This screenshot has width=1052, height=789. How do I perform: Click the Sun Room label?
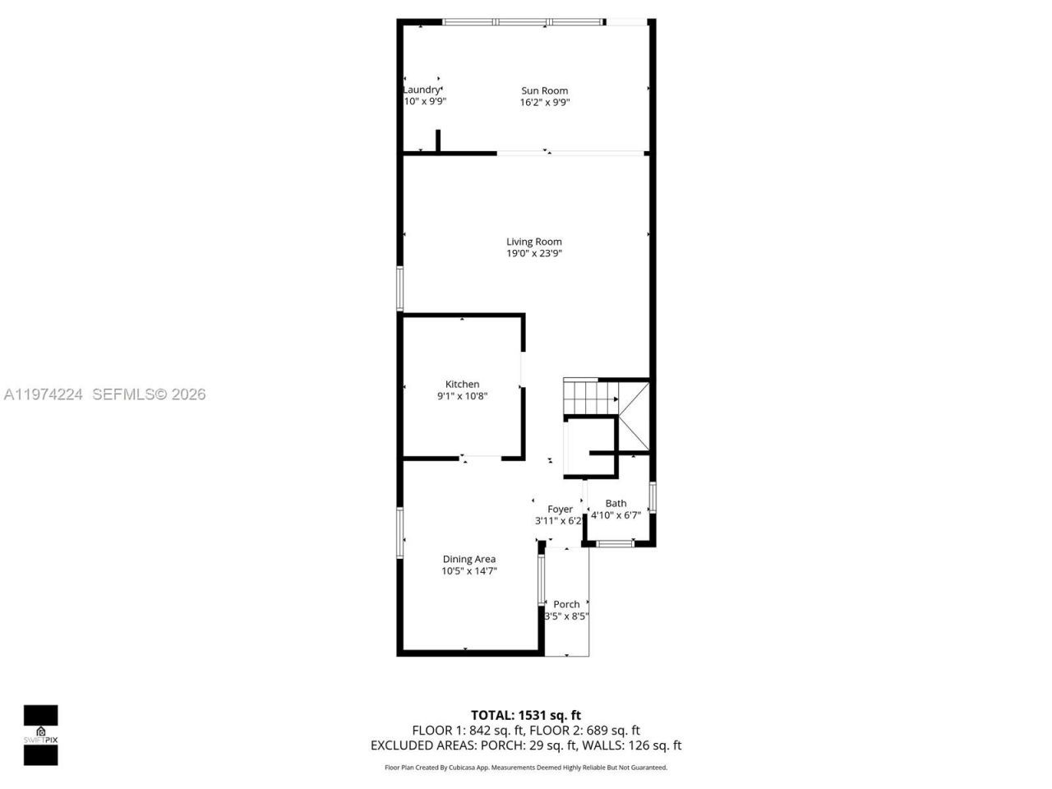click(x=544, y=91)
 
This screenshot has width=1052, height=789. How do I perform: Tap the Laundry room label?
click(x=422, y=90)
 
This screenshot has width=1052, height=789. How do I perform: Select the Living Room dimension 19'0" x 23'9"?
click(x=534, y=254)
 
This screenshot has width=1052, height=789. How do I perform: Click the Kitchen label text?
click(x=462, y=385)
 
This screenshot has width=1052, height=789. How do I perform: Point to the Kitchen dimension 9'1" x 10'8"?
click(x=462, y=396)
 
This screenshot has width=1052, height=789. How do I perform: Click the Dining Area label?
click(x=469, y=560)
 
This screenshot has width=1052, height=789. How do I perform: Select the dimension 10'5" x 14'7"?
click(x=469, y=571)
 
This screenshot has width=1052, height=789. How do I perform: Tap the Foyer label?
click(x=560, y=510)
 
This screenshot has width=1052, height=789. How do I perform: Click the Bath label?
click(x=616, y=504)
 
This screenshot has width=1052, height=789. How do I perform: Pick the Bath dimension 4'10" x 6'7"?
click(x=616, y=515)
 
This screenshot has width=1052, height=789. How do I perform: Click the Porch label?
click(x=566, y=605)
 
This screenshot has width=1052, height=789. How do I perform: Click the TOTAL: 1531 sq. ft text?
click(x=525, y=715)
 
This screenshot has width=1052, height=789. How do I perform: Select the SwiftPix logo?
click(x=40, y=735)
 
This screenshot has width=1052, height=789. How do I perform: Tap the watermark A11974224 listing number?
click(x=44, y=394)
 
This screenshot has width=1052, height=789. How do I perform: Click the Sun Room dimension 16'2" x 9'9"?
click(x=544, y=103)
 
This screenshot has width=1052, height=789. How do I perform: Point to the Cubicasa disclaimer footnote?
click(x=525, y=768)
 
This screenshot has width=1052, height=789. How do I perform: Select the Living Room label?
click(x=534, y=242)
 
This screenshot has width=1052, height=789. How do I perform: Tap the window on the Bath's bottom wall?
click(x=615, y=543)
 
